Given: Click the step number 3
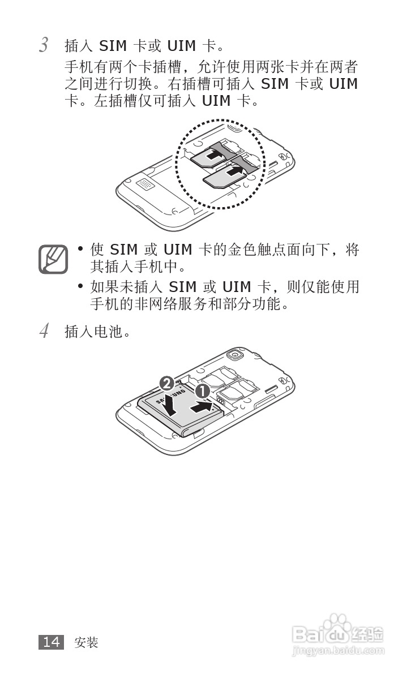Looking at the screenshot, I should coord(43,45).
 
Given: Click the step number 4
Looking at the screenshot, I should coord(44,331).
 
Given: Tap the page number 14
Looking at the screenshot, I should coord(51,642).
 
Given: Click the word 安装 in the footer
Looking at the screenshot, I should coord(86,642).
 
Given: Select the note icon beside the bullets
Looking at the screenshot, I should coord(53,259).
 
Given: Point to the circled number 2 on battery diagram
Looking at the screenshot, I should coord(166,383).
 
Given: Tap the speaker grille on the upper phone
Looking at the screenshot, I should coord(145,184).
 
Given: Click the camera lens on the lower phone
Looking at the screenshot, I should coord(233,355).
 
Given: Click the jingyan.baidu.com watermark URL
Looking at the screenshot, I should coord(338,652).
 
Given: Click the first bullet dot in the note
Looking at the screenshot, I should coord(81,249).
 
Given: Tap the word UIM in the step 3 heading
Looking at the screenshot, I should coord(181,45).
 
